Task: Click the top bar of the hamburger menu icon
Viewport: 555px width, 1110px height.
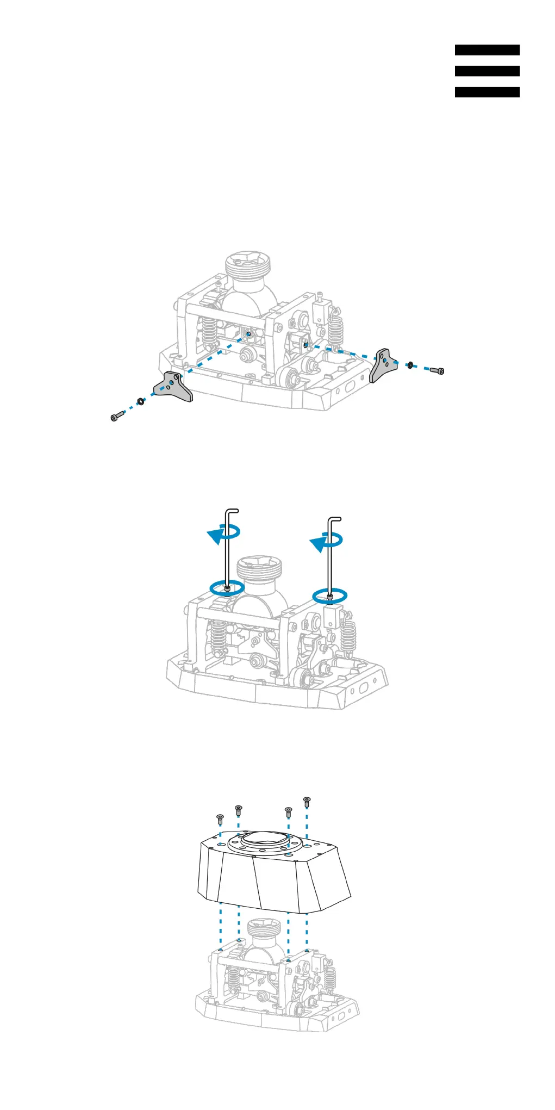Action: coord(487,50)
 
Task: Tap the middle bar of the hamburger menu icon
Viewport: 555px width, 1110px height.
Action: coord(487,71)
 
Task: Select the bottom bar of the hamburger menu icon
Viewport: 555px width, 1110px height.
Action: coord(487,92)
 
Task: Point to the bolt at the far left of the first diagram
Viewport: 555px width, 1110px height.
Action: coord(116,417)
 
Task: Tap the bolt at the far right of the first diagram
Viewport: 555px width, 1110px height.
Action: coord(437,371)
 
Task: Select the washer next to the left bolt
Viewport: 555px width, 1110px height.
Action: coord(140,401)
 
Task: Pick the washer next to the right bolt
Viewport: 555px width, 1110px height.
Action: coord(410,364)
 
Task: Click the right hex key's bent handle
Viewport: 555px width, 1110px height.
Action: coord(335,519)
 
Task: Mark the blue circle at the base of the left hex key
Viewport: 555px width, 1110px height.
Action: coord(227,587)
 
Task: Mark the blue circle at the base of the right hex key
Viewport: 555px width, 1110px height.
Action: coord(329,596)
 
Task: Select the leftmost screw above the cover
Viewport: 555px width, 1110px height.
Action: coord(220,819)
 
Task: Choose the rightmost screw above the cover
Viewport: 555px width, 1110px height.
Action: coord(307,801)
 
